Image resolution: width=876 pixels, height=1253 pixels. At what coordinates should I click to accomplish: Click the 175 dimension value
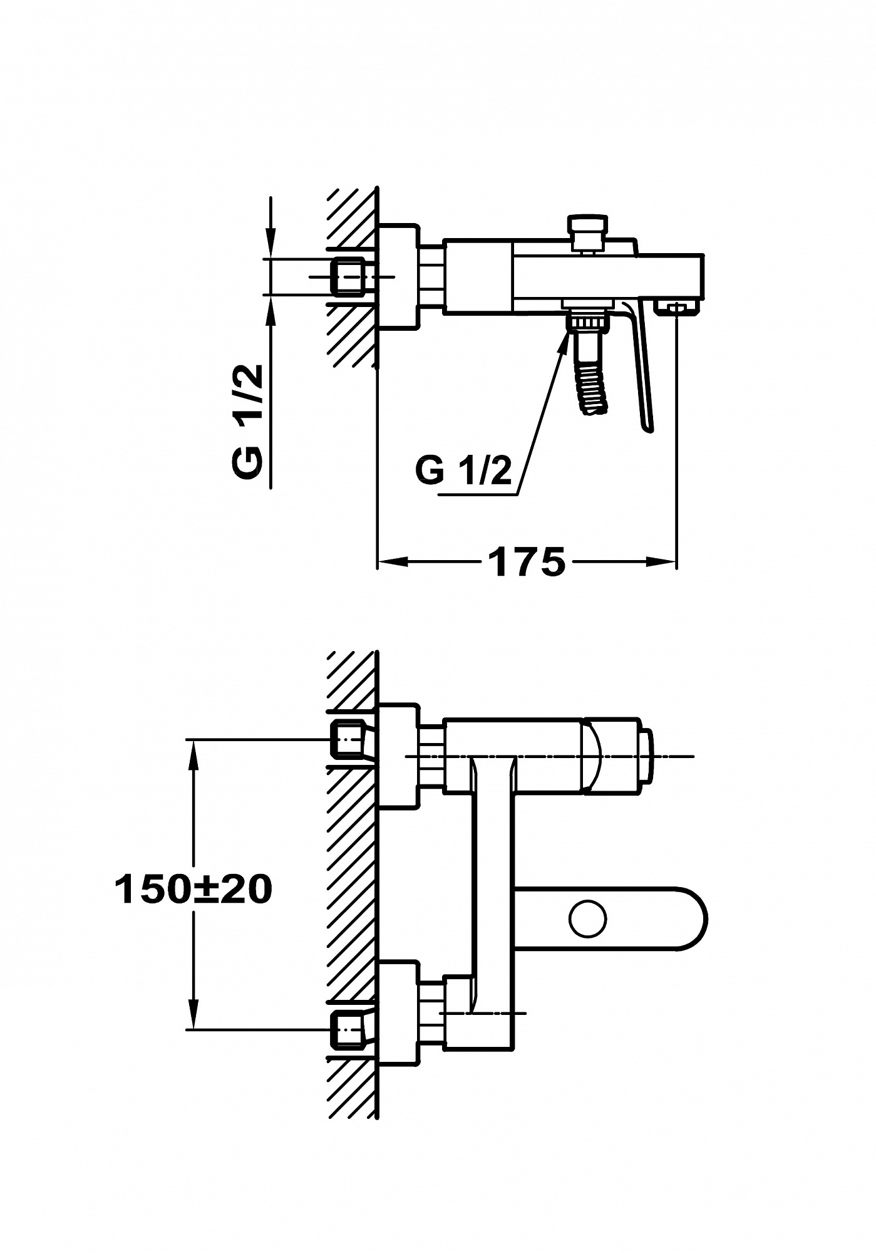tap(527, 561)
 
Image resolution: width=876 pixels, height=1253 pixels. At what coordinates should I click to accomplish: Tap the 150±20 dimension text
tap(193, 889)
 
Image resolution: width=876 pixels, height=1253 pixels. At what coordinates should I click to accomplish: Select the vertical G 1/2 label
tap(247, 423)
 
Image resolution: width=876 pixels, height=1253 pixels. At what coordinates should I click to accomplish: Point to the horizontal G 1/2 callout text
tap(464, 470)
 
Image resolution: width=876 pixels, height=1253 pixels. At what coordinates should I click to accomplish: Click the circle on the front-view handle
tap(588, 919)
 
